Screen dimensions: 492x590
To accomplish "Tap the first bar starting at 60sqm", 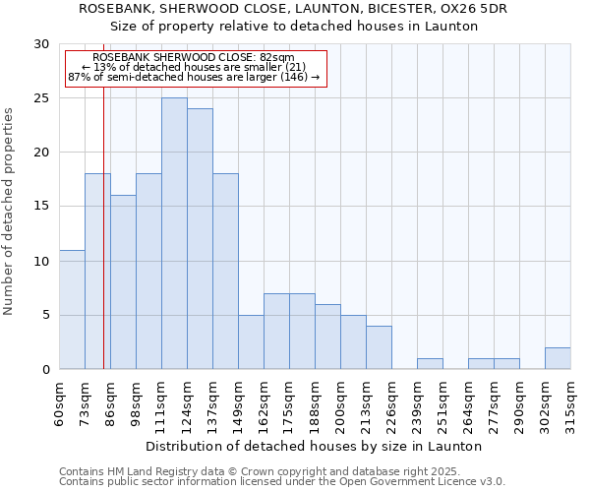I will pyautogui.click(x=72, y=310).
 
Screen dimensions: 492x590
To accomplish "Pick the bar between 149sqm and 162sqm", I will pyautogui.click(x=251, y=342).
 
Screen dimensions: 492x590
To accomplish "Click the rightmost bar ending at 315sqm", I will pyautogui.click(x=558, y=358).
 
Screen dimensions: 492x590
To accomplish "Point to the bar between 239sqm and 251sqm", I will pyautogui.click(x=430, y=364).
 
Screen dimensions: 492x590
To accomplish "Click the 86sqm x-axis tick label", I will pyautogui.click(x=110, y=403).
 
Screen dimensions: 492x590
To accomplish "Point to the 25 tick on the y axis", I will pyautogui.click(x=41, y=98).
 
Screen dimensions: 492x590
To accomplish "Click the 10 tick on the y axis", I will pyautogui.click(x=41, y=261).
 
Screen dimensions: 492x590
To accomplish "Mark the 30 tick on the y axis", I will pyautogui.click(x=41, y=44).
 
